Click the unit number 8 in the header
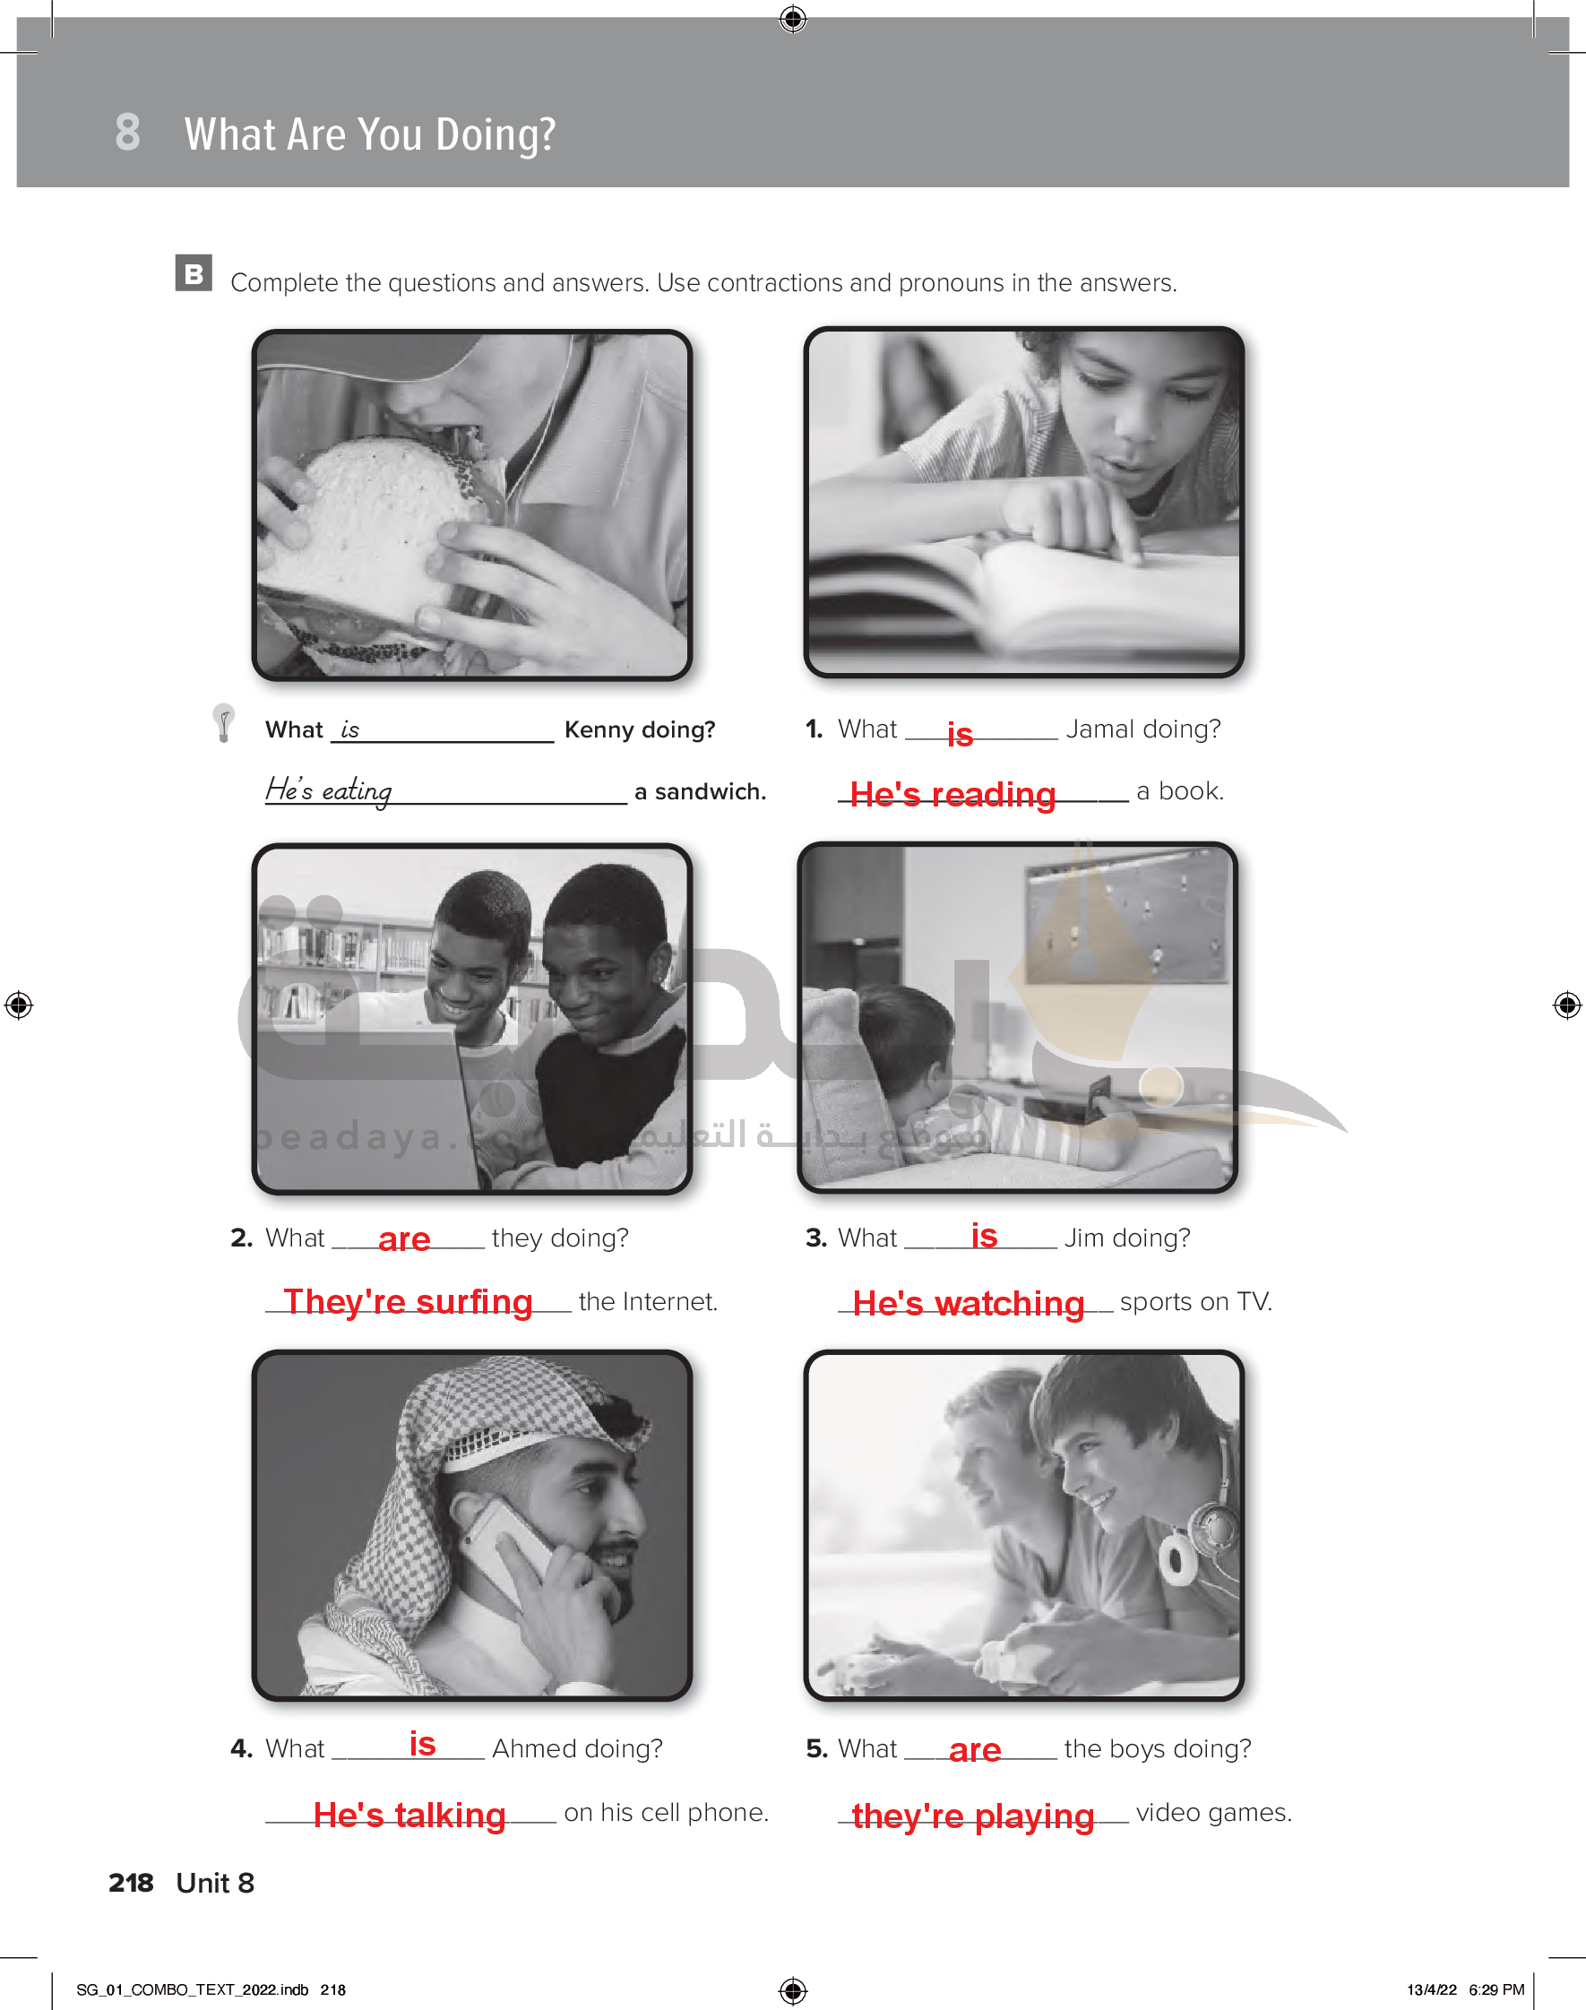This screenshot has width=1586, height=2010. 128,132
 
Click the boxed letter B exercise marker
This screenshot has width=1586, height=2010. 194,273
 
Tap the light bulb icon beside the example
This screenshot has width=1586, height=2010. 223,722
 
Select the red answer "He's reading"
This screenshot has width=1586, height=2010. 952,795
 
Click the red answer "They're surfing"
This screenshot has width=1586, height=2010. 409,1302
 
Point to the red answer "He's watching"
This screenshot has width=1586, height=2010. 969,1304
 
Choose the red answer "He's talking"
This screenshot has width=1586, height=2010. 409,1814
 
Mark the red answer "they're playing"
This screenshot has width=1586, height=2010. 973,1816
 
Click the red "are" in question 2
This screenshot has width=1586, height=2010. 404,1239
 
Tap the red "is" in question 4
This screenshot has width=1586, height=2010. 423,1745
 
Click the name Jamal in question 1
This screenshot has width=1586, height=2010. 1100,729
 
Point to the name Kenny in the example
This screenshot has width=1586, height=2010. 599,729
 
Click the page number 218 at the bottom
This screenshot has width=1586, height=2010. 131,1883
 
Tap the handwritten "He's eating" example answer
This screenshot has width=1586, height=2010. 329,790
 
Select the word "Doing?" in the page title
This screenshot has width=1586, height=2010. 496,134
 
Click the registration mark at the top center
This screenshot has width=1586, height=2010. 793,18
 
